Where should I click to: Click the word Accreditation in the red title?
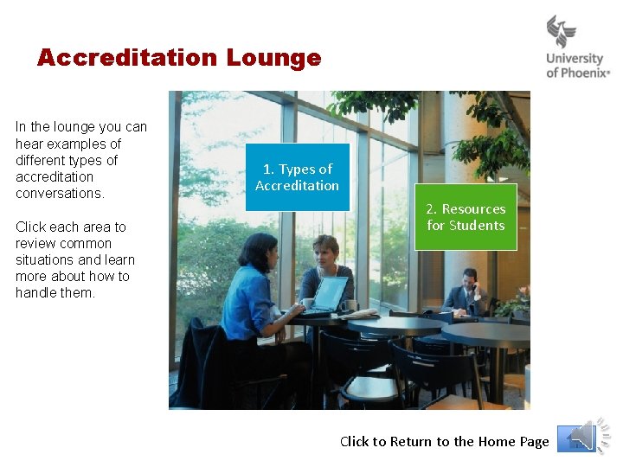pos(127,58)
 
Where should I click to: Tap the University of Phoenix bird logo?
pos(562,32)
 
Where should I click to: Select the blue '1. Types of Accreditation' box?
pos(297,177)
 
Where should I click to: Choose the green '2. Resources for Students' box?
pos(466,217)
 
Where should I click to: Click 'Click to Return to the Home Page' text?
pos(444,441)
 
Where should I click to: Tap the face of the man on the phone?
pos(470,279)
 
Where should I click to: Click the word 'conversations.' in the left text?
pos(60,193)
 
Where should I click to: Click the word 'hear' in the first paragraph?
pos(29,144)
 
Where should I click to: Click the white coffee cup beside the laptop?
pos(307,304)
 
